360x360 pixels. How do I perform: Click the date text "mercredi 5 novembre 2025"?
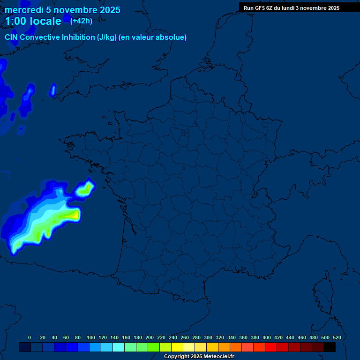pos(62,10)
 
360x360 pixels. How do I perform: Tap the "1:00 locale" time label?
pos(33,21)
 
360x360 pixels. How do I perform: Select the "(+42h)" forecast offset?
pos(81,21)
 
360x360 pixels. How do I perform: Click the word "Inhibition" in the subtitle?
pos(78,37)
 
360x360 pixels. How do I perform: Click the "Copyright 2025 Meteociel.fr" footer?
pos(199,356)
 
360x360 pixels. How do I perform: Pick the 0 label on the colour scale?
pos(30,337)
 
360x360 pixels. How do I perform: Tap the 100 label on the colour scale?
pos(90,337)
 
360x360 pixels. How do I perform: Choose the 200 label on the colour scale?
pos(150,337)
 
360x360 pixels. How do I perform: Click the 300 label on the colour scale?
pos(208,337)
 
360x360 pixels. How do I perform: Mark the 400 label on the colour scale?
pos(267,337)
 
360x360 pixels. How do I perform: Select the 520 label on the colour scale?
pos(337,337)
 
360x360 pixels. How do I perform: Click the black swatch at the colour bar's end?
pos(330,347)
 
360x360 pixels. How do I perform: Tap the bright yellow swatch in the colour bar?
pos(177,347)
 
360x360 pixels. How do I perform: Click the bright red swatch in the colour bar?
pos(271,347)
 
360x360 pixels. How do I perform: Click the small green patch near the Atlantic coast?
pos(85,190)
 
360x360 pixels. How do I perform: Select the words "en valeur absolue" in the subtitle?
pos(154,37)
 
